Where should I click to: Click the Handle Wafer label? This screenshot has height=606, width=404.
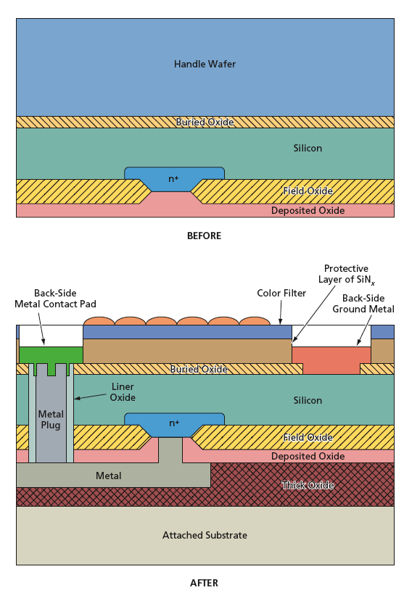(205, 64)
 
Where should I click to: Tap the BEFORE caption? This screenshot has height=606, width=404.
(204, 236)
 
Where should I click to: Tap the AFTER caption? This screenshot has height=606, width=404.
(204, 583)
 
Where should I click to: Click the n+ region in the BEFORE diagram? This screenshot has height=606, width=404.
(174, 178)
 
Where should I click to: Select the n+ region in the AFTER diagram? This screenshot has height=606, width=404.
(174, 423)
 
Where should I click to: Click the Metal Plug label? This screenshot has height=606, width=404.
(51, 420)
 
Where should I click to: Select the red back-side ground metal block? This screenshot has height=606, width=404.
(331, 360)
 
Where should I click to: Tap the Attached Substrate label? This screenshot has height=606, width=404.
(205, 535)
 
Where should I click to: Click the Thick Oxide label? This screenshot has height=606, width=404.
(308, 485)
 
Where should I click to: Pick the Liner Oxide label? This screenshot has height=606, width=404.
(123, 392)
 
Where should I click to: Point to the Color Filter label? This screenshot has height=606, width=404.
(281, 293)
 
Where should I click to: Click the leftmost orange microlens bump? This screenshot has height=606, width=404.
(99, 321)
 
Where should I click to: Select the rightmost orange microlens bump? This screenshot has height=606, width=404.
(255, 321)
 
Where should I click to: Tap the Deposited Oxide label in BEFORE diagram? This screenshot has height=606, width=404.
(308, 211)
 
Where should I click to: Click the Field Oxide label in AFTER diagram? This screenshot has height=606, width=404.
(308, 437)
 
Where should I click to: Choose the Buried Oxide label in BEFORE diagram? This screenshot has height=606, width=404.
(205, 122)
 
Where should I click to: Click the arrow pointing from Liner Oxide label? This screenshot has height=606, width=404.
(90, 397)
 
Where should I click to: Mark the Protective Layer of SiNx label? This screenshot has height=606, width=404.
(347, 274)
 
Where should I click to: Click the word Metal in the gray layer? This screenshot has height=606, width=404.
(108, 476)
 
